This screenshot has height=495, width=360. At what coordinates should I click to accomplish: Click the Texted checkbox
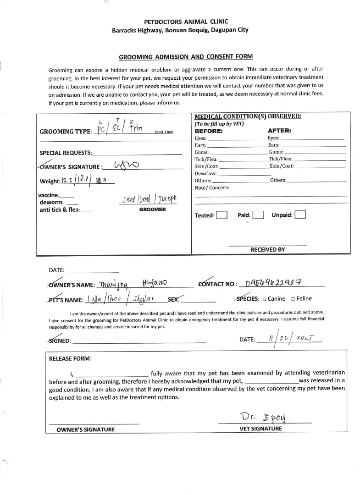pyautogui.click(x=222, y=215)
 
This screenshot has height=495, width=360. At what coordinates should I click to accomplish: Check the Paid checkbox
pyautogui.click(x=258, y=215)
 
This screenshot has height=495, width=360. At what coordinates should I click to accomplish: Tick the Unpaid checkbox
pyautogui.click(x=300, y=215)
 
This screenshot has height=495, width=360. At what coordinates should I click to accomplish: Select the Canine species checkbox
pyautogui.click(x=265, y=299)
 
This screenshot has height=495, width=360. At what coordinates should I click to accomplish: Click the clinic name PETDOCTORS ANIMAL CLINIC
pyautogui.click(x=180, y=22)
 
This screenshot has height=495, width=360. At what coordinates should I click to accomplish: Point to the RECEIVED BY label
pyautogui.click(x=267, y=250)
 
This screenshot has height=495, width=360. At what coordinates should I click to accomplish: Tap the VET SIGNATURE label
pyautogui.click(x=261, y=429)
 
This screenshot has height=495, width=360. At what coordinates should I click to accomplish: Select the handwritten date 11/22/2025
pyautogui.click(x=289, y=339)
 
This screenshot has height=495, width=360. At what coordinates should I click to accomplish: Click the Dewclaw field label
pyautogui.click(x=205, y=174)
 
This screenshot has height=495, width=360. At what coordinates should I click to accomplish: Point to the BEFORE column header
pyautogui.click(x=209, y=131)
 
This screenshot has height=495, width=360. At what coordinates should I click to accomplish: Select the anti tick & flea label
pyautogui.click(x=60, y=210)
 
